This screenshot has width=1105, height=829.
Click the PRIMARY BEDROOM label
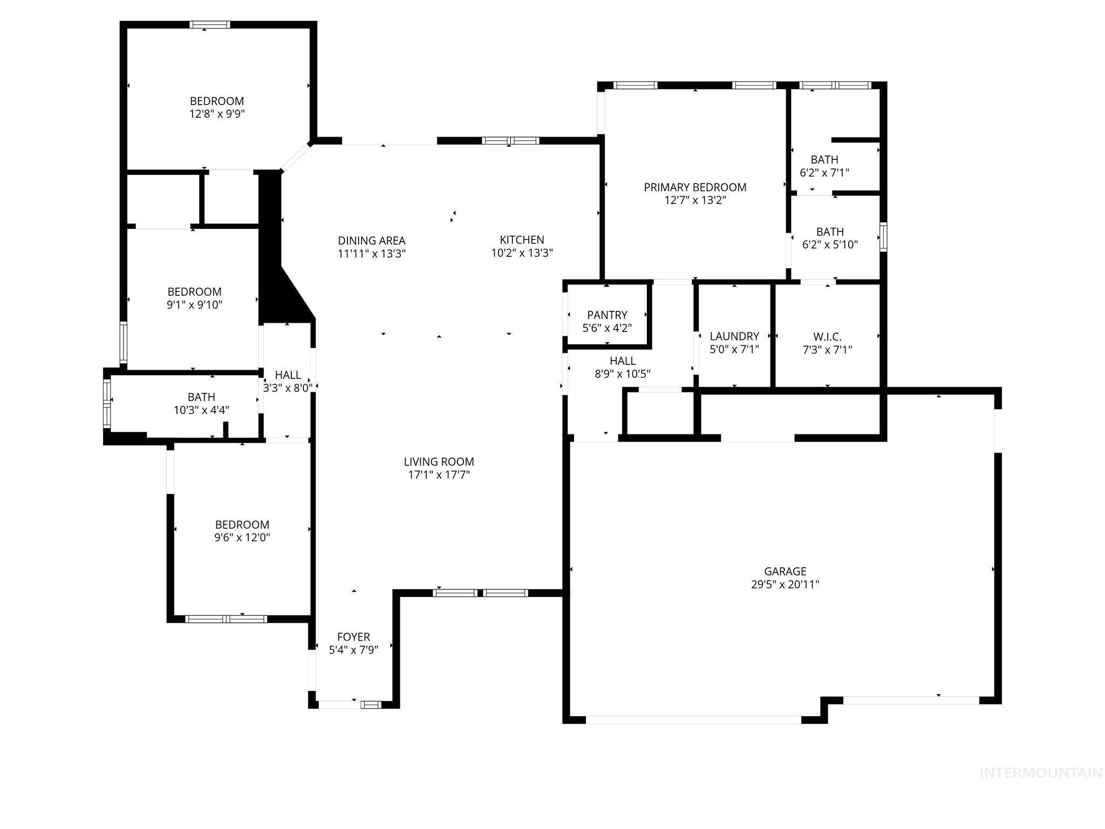coord(695,187)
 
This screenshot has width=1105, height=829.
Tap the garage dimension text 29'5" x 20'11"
coord(785,585)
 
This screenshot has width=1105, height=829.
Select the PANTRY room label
coord(607,315)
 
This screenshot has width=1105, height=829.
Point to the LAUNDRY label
coord(734,336)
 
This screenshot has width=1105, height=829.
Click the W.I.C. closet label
coord(827,337)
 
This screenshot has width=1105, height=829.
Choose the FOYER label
coord(353,637)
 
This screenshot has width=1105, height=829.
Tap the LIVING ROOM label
coord(439,461)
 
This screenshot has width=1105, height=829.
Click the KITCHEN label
coord(522,240)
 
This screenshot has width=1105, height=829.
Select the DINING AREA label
coord(371,241)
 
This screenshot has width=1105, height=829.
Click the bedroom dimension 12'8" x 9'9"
coord(217,114)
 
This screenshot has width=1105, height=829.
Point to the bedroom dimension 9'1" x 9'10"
coord(194,305)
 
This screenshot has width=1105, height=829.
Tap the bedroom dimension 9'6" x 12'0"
coord(242,538)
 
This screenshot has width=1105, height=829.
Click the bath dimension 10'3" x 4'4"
coord(201,410)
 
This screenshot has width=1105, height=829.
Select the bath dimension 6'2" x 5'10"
coord(830,244)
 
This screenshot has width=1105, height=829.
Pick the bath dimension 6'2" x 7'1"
coord(824,173)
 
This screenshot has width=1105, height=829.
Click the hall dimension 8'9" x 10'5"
coord(622,374)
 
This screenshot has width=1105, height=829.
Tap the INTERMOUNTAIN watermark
coord(1040,773)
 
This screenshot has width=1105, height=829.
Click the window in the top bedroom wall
coord(209,24)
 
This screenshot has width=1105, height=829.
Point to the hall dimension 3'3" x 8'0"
coord(288,388)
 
